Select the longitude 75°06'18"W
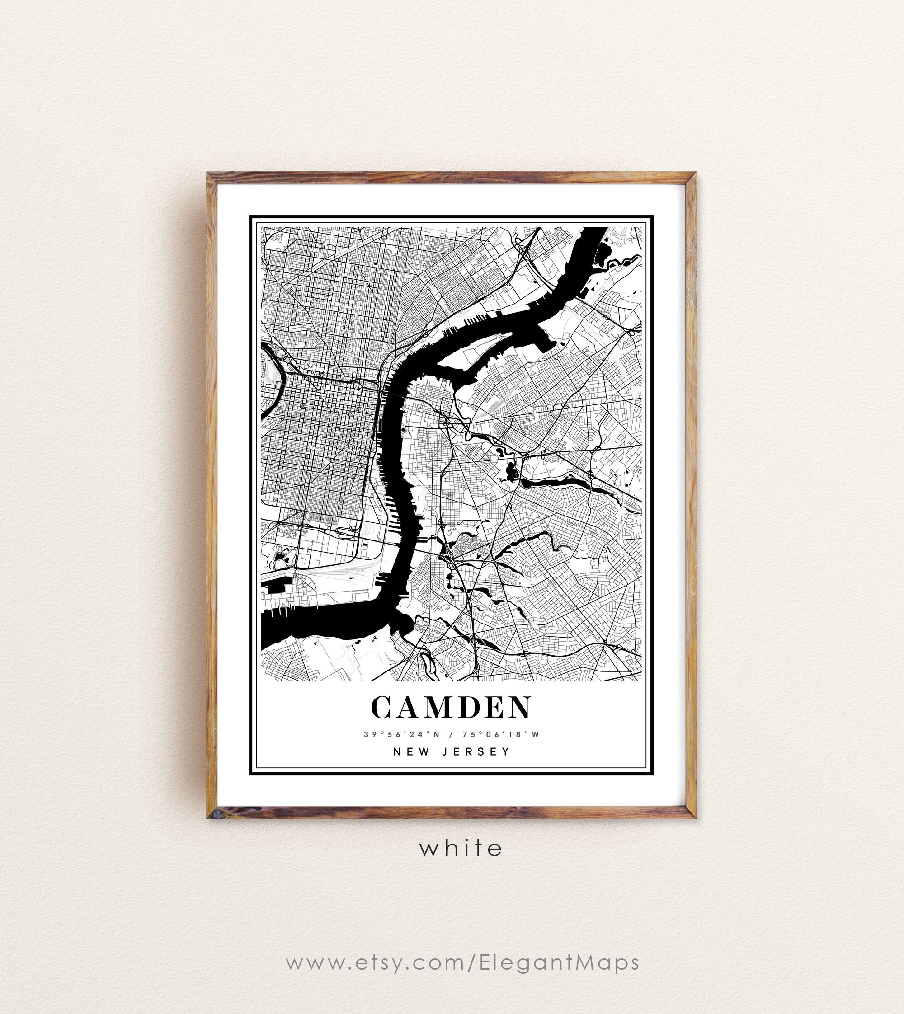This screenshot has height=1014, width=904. click(x=501, y=734)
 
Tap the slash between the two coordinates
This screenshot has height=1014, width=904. click(x=452, y=734)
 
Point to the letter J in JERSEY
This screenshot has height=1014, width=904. click(x=445, y=751)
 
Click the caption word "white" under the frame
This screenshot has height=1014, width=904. click(x=461, y=848)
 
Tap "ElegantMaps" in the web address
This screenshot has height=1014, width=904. click(x=559, y=962)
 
